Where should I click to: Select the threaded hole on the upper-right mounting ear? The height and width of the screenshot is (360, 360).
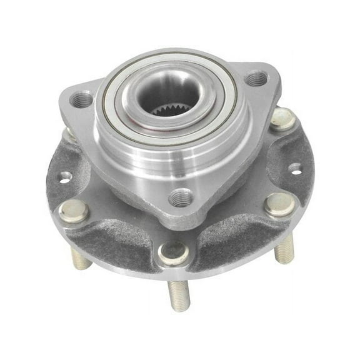pyautogui.click(x=256, y=79)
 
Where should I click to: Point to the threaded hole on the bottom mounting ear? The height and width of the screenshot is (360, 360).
pyautogui.click(x=181, y=197)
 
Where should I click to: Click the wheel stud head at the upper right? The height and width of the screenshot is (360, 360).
pyautogui.click(x=282, y=118)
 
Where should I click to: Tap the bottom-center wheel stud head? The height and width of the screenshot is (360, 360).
pyautogui.click(x=173, y=253)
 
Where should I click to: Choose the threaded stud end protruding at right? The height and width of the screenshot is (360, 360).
pyautogui.click(x=284, y=247)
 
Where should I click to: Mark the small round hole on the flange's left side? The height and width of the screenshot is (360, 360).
pyautogui.click(x=65, y=177)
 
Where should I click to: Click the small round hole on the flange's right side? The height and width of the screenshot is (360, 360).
pyautogui.click(x=294, y=168)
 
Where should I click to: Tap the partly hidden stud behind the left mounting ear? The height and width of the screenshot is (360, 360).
pyautogui.click(x=69, y=134)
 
